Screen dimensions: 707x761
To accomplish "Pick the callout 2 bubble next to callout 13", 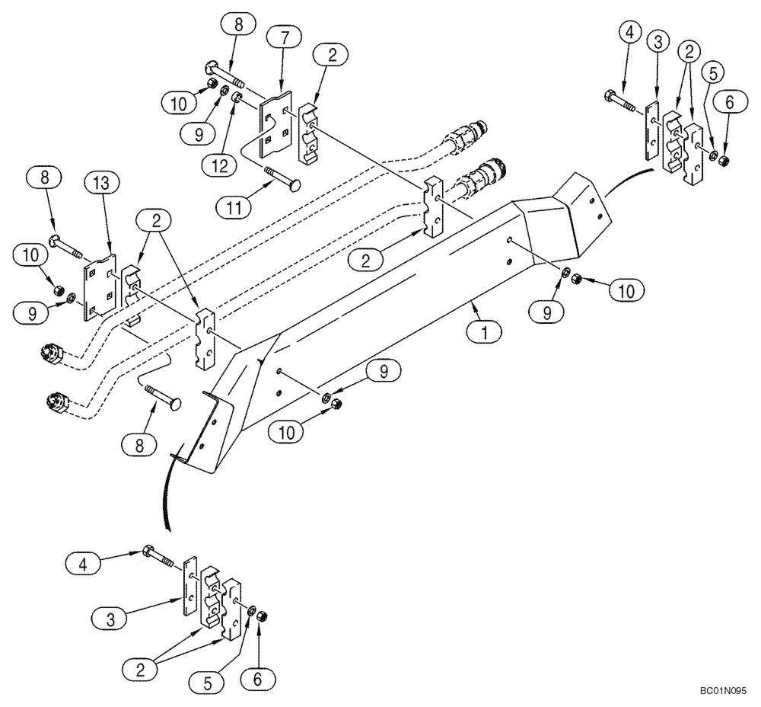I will tap(155, 222).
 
